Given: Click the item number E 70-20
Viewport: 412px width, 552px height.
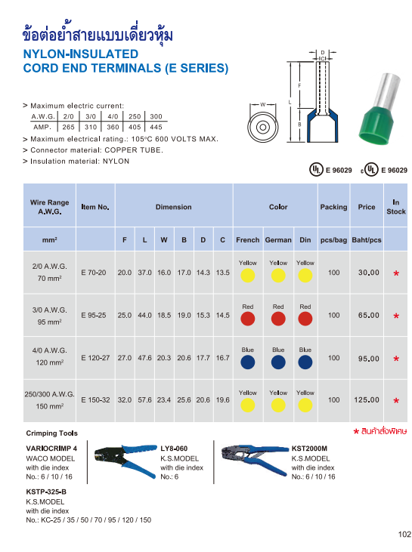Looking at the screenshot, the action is (94, 272).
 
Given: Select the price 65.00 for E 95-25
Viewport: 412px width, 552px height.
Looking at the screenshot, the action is (368, 316).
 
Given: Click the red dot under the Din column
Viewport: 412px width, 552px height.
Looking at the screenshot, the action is (305, 319).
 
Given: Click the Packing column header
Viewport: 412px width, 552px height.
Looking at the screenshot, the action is (333, 206).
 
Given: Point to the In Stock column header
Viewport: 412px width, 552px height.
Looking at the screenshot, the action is (395, 206).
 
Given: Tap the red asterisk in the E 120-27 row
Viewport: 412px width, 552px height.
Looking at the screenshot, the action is (395, 359).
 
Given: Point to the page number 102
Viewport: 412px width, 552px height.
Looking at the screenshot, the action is (404, 535).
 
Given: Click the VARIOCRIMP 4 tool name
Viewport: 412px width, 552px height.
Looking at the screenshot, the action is (51, 448).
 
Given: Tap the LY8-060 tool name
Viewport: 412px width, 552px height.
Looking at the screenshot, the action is (175, 448).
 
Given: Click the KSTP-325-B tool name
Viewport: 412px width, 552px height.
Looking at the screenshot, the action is (46, 492).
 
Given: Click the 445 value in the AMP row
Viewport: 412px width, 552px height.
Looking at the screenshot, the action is (156, 128).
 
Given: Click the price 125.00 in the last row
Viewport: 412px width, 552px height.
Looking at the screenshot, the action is (368, 399).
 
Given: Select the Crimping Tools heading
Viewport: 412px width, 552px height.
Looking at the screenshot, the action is (51, 433).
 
